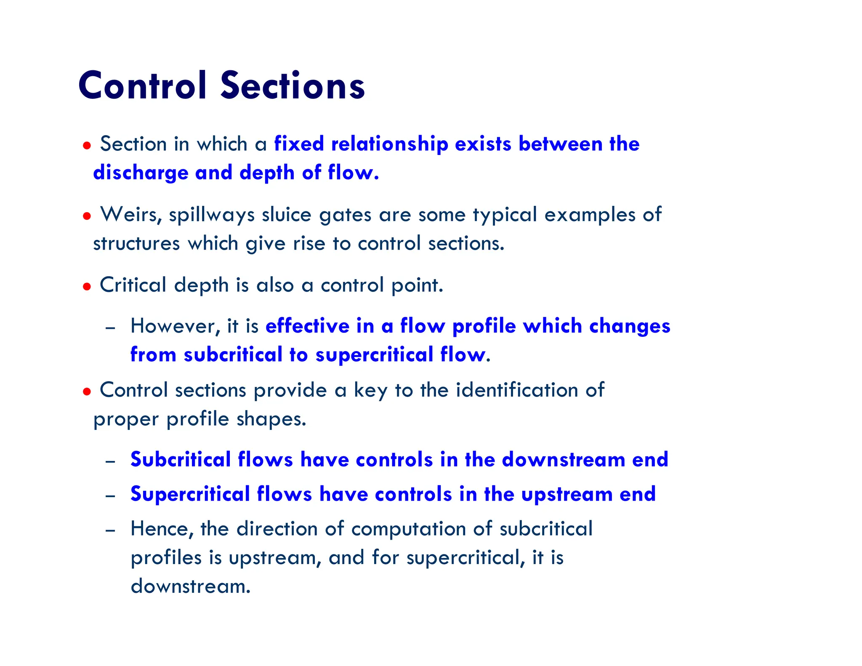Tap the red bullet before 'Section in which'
87,146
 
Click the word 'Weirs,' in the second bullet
131,215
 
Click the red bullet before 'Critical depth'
87,287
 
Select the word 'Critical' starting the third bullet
133,285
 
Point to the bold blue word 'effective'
308,326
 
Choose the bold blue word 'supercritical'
374,355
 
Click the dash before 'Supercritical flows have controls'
110,496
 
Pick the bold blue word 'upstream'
567,495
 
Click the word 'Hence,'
162,529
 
